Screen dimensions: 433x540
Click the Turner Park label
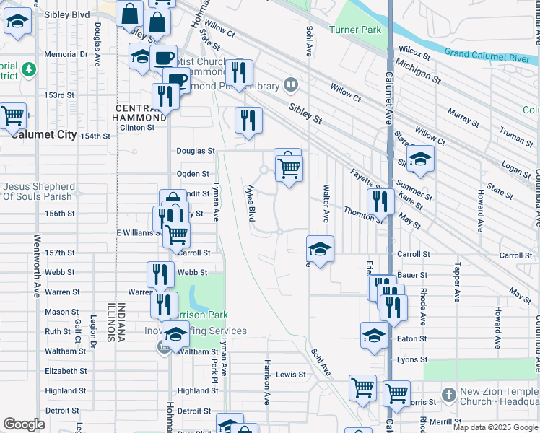(x=354, y=30)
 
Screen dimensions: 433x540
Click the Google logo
(x=24, y=424)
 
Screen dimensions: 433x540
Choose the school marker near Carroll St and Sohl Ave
(x=320, y=250)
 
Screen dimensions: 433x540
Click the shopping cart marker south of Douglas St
(x=289, y=168)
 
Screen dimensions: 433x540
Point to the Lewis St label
(x=291, y=375)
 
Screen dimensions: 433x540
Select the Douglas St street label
(x=196, y=151)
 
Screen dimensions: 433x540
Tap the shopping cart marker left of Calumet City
(x=12, y=115)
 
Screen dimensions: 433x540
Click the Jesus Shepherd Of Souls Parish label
(x=38, y=191)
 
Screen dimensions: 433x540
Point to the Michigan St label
(x=418, y=71)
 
